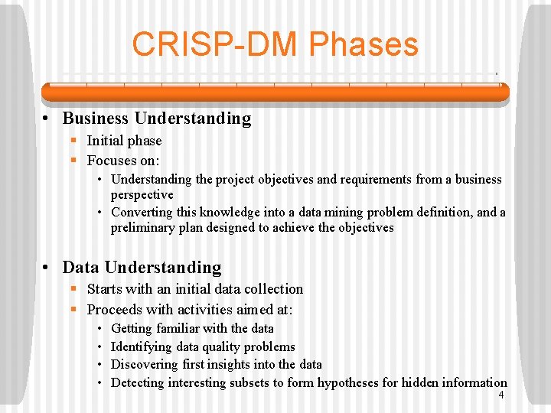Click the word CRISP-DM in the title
click(x=218, y=44)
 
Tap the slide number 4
click(x=500, y=395)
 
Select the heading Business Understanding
click(x=156, y=119)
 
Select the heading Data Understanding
click(x=142, y=268)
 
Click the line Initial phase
click(x=124, y=141)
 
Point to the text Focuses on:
click(x=123, y=161)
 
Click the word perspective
click(x=142, y=195)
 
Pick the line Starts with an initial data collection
click(x=194, y=289)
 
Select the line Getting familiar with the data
click(x=192, y=328)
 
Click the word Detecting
click(x=138, y=382)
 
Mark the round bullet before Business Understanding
click(x=47, y=119)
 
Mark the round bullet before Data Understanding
click(x=47, y=268)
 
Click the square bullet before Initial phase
click(x=74, y=141)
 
